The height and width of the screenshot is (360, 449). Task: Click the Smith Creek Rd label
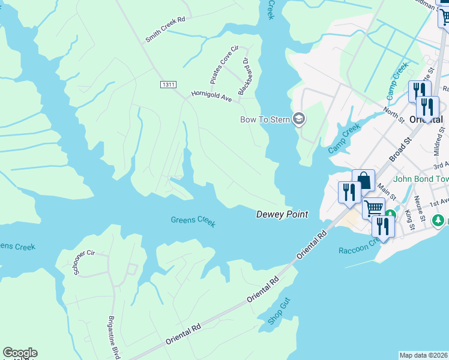(165, 29)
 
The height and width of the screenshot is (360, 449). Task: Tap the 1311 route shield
(168, 85)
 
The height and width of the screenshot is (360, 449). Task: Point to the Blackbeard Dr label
(243, 77)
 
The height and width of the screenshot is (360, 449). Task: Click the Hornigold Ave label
(211, 95)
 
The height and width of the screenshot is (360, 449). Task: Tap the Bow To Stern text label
(265, 119)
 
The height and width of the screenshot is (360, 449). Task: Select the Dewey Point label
(282, 214)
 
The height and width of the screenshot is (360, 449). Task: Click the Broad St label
(399, 148)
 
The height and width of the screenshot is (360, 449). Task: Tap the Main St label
(388, 193)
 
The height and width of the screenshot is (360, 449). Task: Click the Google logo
(20, 353)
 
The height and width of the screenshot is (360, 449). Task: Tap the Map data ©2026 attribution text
(424, 355)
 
